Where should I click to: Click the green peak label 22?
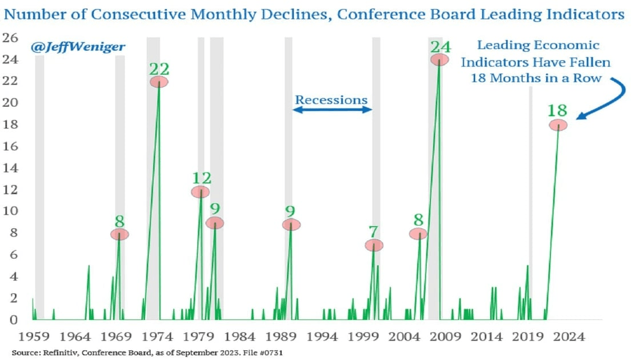(159, 69)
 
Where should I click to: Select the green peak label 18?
(558, 111)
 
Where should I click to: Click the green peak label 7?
(374, 232)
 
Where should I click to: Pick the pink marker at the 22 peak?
(159, 82)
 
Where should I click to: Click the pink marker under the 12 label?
(201, 192)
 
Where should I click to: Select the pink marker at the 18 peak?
(558, 125)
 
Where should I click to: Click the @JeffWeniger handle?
(78, 46)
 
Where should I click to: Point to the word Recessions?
(331, 100)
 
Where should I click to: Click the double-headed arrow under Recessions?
(332, 110)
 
